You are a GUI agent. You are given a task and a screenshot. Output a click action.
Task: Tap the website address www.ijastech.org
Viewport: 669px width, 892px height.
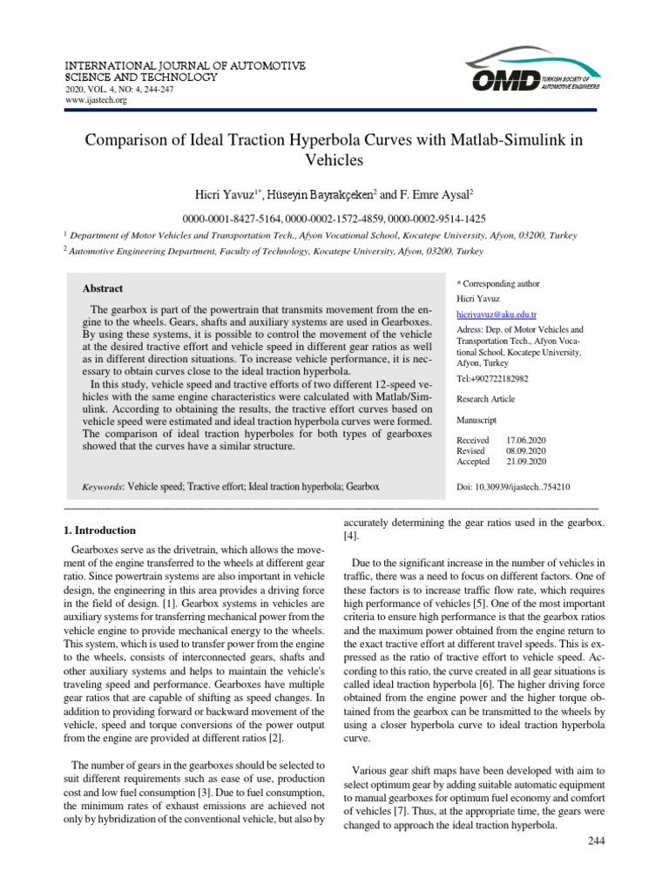[97, 100]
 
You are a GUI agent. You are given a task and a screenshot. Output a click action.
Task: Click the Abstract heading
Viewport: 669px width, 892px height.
[103, 288]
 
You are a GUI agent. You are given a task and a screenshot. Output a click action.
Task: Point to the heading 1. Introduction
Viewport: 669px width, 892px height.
[101, 530]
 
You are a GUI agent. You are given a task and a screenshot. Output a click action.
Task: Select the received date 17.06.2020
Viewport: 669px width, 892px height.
[526, 440]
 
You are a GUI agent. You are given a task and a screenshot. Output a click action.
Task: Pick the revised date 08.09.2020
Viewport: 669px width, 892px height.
[526, 452]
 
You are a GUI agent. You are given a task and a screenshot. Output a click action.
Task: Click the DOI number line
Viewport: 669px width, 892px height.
[513, 487]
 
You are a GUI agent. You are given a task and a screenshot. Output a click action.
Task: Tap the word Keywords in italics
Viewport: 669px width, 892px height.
[102, 487]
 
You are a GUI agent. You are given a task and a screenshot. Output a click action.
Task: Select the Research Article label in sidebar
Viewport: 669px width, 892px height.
[485, 399]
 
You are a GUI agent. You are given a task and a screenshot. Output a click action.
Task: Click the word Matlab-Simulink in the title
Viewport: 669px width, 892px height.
[500, 139]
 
